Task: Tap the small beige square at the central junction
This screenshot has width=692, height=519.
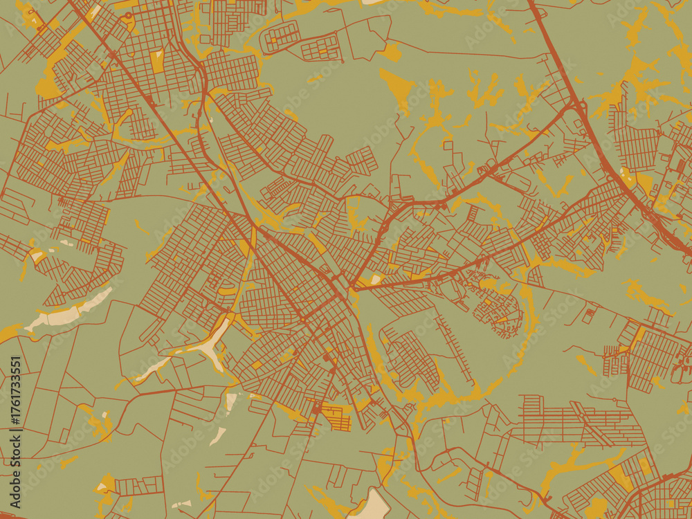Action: [376, 280]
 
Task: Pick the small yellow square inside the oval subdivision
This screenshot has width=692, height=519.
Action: [272, 40]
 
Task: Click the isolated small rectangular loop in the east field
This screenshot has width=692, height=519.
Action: [589, 315]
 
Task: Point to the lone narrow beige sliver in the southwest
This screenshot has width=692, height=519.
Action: [217, 436]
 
